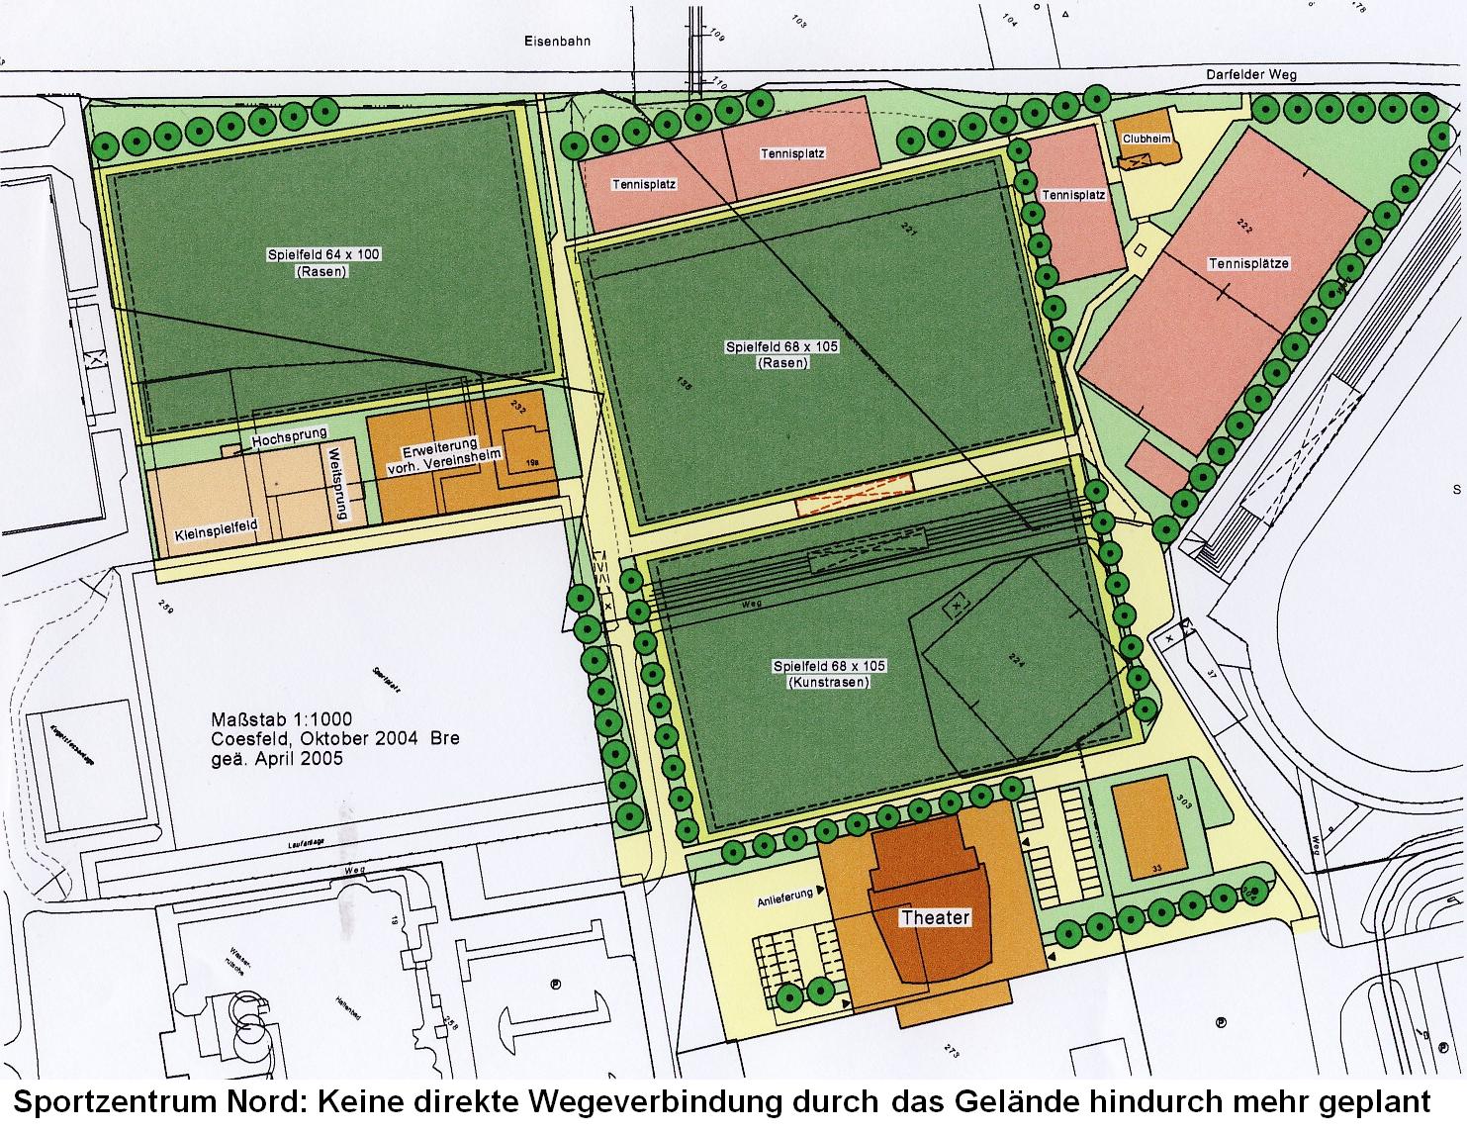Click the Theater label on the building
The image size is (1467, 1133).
934,917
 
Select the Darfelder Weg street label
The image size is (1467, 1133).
1250,74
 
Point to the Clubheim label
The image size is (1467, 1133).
1146,139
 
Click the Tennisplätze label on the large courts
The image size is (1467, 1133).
1248,264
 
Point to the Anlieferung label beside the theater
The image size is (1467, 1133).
784,894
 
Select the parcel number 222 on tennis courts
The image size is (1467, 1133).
1244,230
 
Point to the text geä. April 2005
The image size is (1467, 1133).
276,759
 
